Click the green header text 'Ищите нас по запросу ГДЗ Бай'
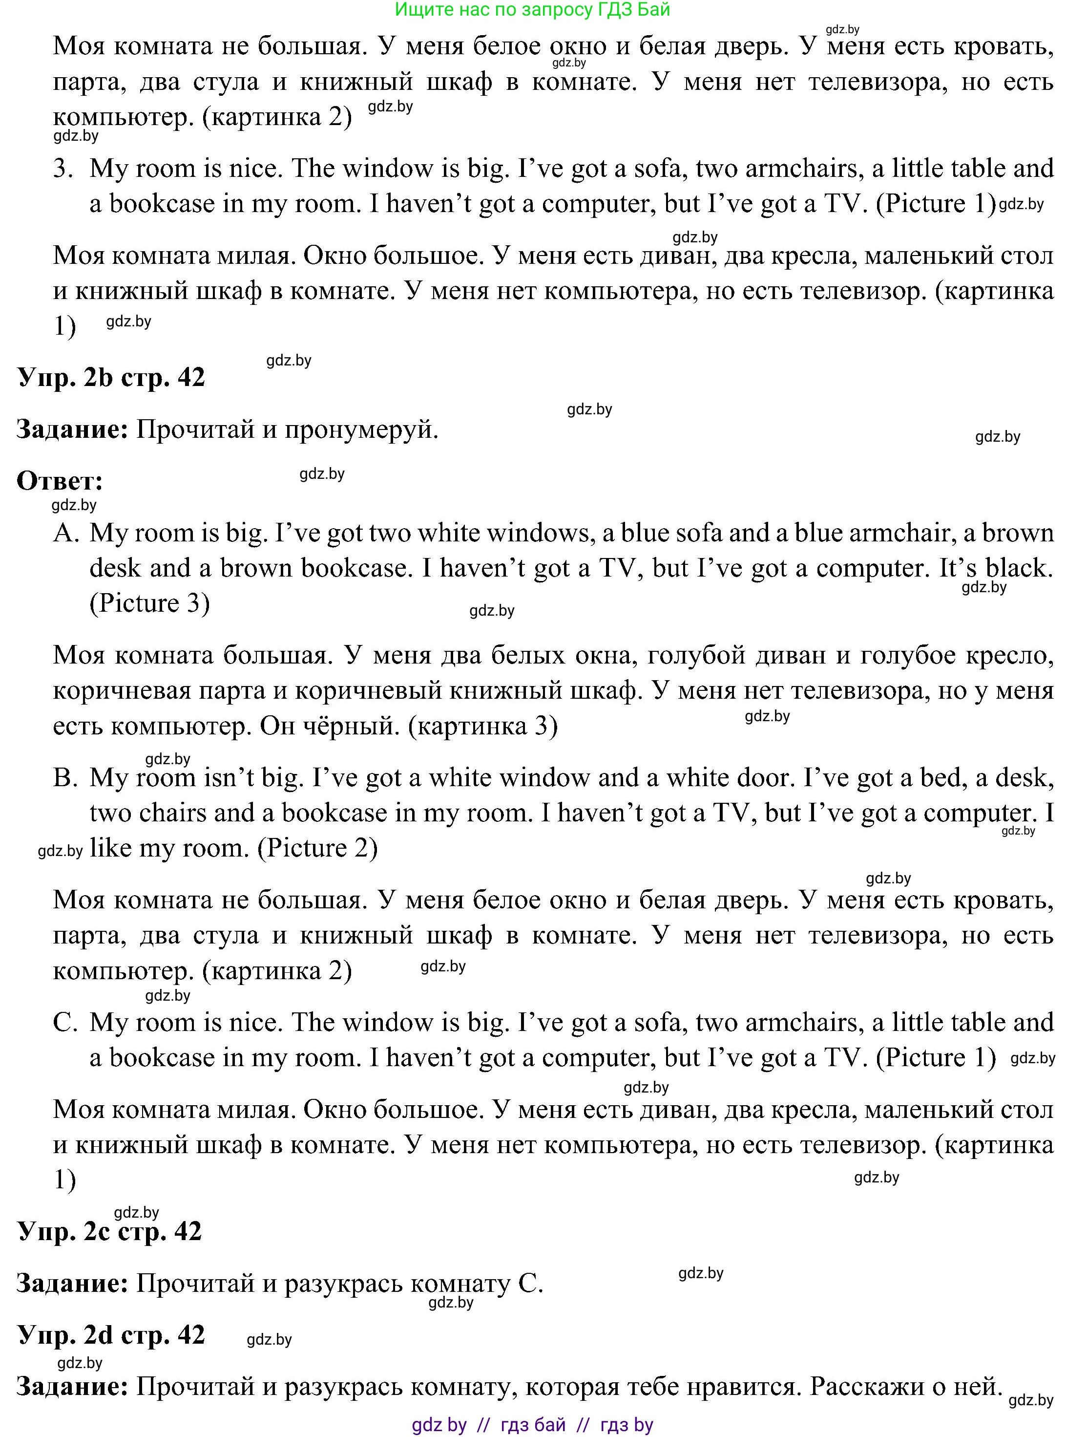point(532,10)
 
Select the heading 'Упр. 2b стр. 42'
point(111,377)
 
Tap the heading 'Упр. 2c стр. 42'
point(110,1231)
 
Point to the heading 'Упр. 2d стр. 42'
point(111,1334)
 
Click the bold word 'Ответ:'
point(60,481)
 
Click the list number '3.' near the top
point(64,169)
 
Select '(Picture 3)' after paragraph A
point(150,603)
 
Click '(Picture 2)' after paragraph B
point(317,848)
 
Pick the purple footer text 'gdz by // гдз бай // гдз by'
point(532,1425)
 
